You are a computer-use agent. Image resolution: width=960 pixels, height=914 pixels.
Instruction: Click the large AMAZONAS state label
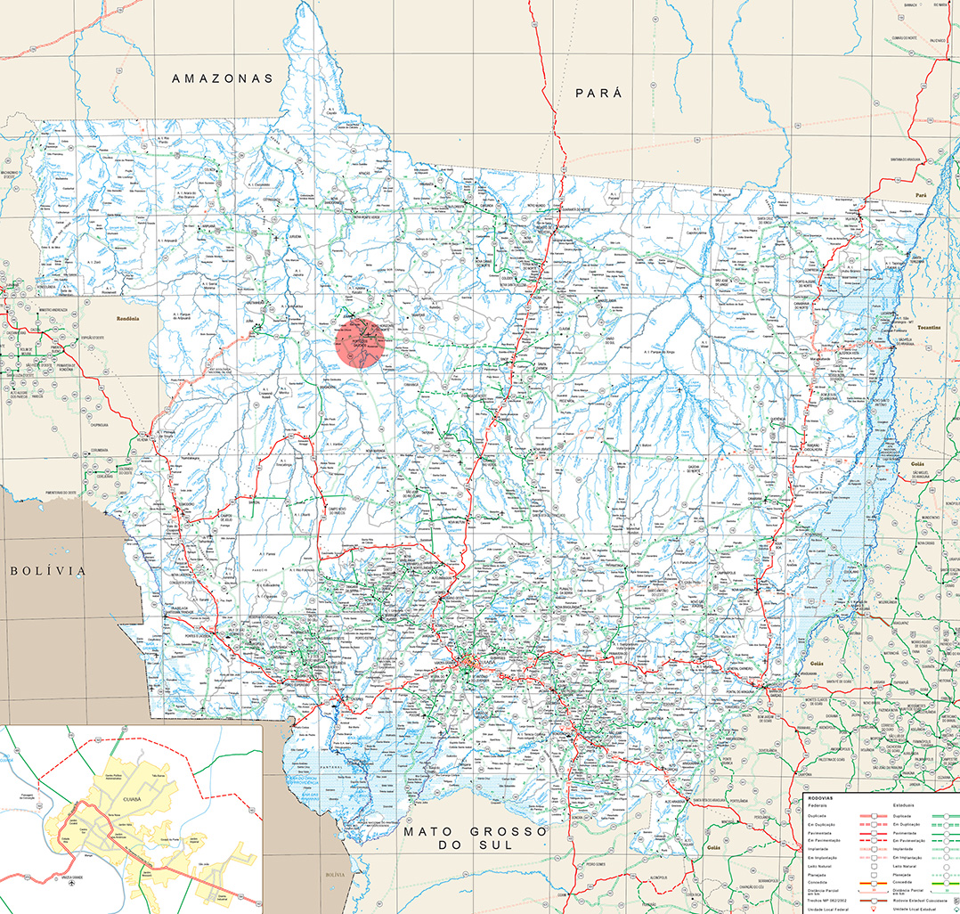pos(223,78)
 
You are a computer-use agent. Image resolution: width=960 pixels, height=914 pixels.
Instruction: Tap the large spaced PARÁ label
pos(598,93)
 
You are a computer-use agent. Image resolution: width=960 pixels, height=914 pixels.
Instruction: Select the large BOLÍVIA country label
pos(48,570)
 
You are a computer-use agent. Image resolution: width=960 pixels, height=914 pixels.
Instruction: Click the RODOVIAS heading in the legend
pos(818,798)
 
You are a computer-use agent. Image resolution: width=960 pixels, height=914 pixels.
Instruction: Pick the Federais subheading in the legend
pos(817,806)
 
